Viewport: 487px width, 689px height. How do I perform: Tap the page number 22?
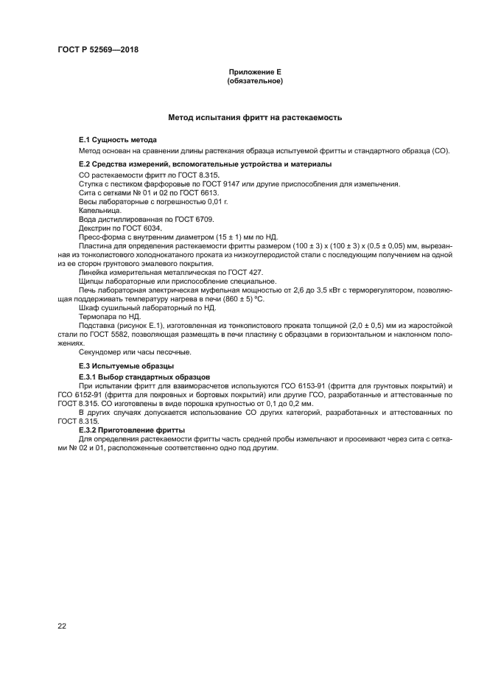(62, 626)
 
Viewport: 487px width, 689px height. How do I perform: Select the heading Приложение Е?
(255, 72)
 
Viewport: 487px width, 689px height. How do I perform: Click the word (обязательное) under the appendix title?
(255, 81)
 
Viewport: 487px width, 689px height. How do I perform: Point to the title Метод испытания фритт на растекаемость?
(255, 117)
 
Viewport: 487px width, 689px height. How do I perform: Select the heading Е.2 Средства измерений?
(205, 164)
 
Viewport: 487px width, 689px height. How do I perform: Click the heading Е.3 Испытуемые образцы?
(126, 366)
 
